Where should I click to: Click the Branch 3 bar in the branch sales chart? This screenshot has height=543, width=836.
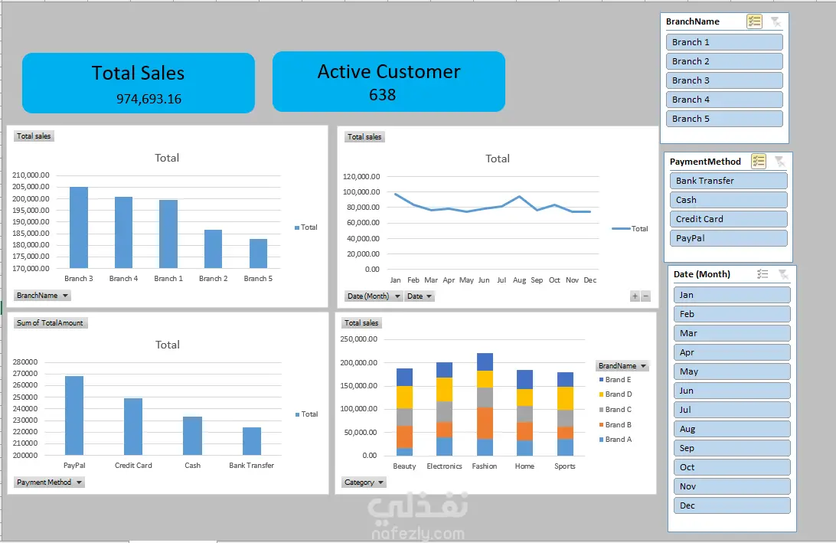tap(79, 227)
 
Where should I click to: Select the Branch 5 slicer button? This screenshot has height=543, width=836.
tap(724, 119)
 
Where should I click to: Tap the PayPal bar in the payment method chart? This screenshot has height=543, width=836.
tap(74, 416)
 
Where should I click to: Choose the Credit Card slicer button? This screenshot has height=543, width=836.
tap(728, 219)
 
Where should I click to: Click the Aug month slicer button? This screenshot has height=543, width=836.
tap(732, 429)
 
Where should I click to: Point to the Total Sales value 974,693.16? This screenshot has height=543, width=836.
tap(149, 99)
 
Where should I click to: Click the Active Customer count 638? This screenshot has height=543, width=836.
tap(382, 95)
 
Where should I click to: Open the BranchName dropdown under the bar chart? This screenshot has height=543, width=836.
tap(42, 296)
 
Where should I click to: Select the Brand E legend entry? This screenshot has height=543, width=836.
tap(616, 380)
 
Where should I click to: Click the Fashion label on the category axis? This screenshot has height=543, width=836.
tap(484, 466)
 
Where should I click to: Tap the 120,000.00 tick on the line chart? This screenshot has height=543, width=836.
tap(361, 177)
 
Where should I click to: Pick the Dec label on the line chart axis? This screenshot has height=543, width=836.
tap(589, 280)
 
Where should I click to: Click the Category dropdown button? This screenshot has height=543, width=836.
tap(364, 482)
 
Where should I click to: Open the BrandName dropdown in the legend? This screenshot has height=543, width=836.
tap(622, 366)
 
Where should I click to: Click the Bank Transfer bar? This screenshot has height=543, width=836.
tap(252, 441)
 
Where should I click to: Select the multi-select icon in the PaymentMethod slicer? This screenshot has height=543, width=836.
tap(758, 161)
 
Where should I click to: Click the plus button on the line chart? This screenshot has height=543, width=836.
tap(635, 296)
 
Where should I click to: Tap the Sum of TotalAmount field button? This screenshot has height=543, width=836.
tap(50, 322)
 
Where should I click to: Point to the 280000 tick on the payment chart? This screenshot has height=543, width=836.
tap(25, 361)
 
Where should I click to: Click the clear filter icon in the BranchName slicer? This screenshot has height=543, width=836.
tap(776, 21)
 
